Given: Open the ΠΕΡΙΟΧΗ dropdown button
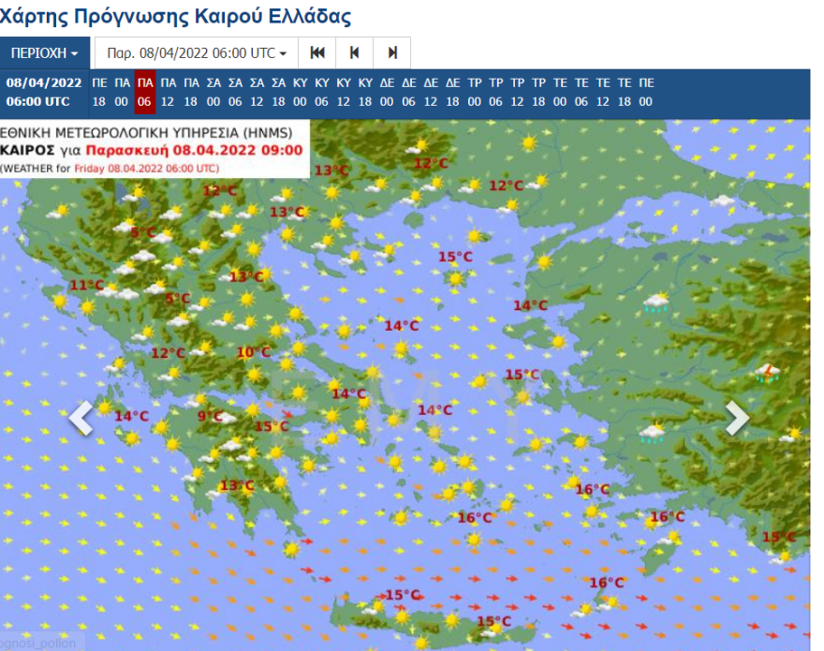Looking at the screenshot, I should [44, 52].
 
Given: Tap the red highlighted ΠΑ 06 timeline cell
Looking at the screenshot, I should [144, 93].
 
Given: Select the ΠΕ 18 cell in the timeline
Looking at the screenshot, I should [99, 93].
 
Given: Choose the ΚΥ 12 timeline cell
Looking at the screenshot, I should [343, 93].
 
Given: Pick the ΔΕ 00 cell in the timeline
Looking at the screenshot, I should [387, 93].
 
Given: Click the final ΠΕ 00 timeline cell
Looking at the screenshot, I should [646, 93].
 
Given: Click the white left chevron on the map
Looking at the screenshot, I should [81, 418].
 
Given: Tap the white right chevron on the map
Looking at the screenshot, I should [737, 418].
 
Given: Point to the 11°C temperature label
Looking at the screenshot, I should [86, 286].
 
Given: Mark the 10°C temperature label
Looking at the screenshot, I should [253, 353].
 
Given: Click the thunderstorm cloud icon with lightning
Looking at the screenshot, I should [769, 373].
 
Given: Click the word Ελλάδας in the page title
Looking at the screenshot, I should [308, 16].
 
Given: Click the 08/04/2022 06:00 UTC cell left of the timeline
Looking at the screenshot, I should [44, 93].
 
